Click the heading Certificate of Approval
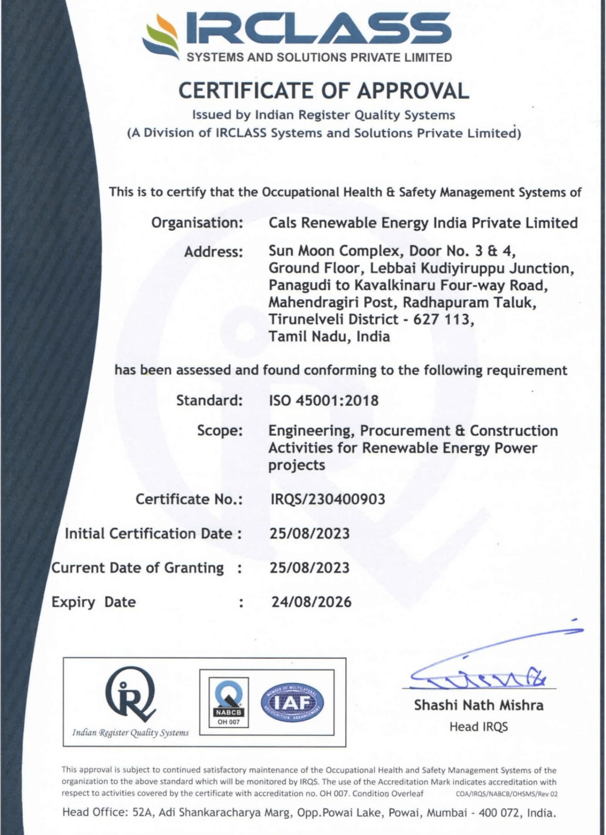[x=324, y=90]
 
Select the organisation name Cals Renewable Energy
[x=423, y=223]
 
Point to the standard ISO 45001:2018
[x=323, y=400]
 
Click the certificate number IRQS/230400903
[x=328, y=499]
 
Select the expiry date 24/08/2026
[x=311, y=602]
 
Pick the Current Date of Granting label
[x=137, y=568]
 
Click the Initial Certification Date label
[x=148, y=534]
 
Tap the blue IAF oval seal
[x=292, y=702]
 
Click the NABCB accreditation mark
[x=229, y=702]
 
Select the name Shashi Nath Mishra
[x=479, y=705]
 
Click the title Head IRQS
[x=479, y=726]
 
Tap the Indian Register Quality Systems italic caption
[x=130, y=733]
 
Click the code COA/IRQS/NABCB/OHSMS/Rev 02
[x=506, y=794]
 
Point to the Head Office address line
[x=309, y=812]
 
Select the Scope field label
[x=220, y=431]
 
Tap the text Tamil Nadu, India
[x=329, y=337]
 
